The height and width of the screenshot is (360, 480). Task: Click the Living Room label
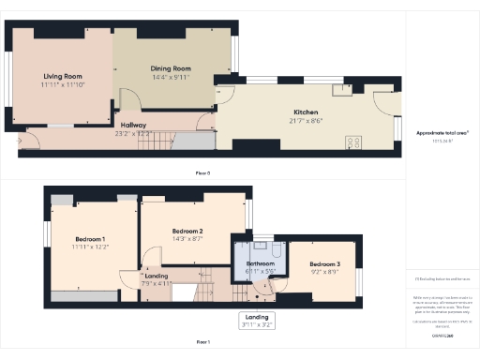coord(63,77)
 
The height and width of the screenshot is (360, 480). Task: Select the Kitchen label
coord(307,112)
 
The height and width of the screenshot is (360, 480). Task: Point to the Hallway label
coord(134,125)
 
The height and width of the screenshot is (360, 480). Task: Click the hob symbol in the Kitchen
coord(354,142)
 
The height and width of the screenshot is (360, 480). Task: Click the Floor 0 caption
coord(202,174)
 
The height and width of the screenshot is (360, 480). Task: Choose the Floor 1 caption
coord(202,342)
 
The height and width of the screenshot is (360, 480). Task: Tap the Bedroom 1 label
coord(90,239)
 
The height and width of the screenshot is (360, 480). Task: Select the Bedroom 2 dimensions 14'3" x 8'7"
coord(187,238)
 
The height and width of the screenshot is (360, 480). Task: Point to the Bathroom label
coord(260,264)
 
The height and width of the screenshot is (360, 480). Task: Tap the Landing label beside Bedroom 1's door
coord(156,276)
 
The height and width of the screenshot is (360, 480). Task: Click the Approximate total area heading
coord(440,133)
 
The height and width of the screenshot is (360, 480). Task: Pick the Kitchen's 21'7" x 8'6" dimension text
coord(307,120)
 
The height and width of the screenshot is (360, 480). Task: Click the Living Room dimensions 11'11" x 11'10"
coord(63,85)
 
